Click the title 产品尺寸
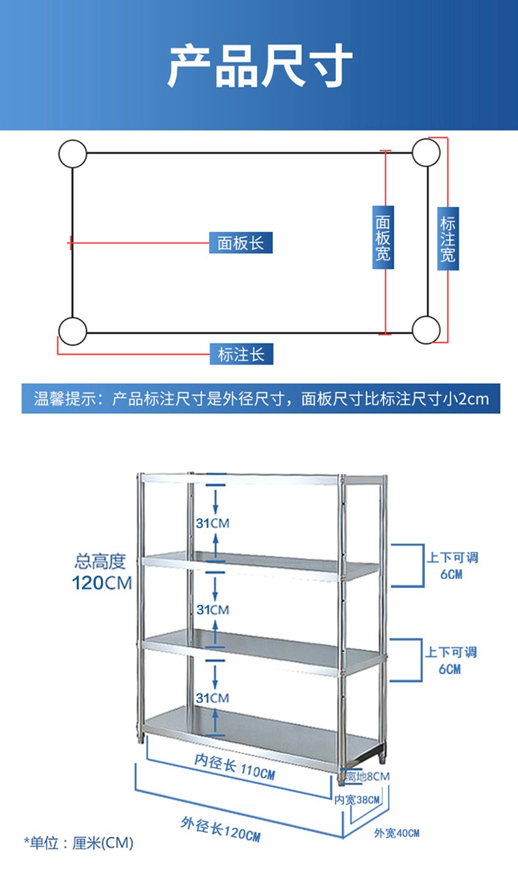click(259, 65)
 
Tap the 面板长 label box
click(240, 243)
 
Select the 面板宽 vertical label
click(384, 235)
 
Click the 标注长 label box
click(241, 354)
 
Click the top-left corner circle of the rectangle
click(72, 154)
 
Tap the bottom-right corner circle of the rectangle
click(426, 329)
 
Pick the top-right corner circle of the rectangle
click(426, 153)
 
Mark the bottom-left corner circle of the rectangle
click(72, 331)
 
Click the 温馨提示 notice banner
click(260, 399)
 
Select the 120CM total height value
click(102, 582)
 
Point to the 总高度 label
click(100, 561)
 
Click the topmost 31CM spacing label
click(212, 523)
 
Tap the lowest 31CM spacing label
click(212, 698)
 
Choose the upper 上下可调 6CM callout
click(452, 565)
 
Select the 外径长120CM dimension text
click(220, 830)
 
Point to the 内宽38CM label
click(357, 800)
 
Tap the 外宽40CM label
click(397, 833)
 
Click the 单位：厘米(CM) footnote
click(79, 843)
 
